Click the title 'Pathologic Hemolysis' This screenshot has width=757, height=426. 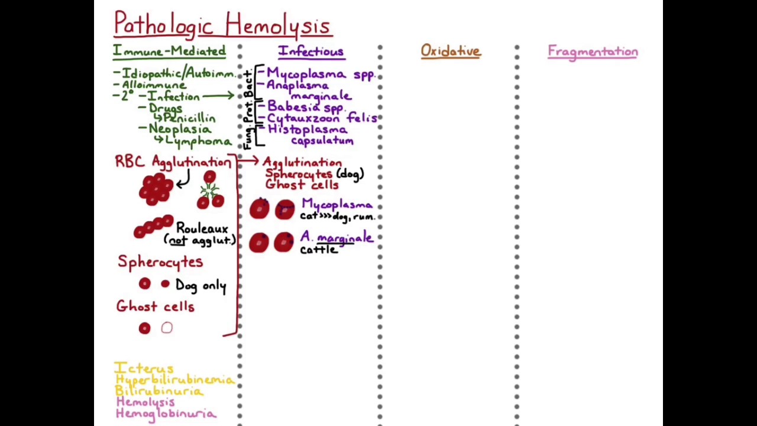[222, 25]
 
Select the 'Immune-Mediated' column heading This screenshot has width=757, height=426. [169, 51]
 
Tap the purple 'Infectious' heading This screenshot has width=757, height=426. [311, 51]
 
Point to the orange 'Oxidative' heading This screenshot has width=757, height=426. [451, 51]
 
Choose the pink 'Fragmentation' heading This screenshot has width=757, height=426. [593, 52]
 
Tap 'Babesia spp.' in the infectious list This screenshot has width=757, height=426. [305, 107]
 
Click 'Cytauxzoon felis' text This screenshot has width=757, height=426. [321, 118]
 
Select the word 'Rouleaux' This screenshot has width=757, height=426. [202, 228]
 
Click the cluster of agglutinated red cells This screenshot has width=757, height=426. [156, 189]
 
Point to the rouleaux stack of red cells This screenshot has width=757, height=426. [153, 227]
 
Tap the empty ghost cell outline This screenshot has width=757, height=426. [167, 328]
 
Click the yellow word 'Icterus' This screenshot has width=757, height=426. [144, 369]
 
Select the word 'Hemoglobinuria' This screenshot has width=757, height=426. [166, 414]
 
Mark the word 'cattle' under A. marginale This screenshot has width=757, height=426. [319, 250]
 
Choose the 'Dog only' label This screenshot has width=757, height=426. [200, 286]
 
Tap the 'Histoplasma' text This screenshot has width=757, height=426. [308, 129]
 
